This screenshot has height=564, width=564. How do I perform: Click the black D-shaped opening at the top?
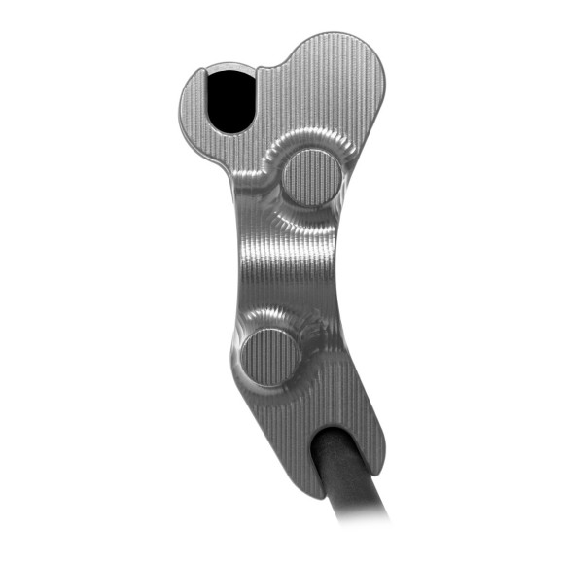(230, 100)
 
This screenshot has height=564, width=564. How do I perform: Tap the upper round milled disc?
(311, 179)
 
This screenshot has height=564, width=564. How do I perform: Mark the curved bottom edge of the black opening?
(230, 129)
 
